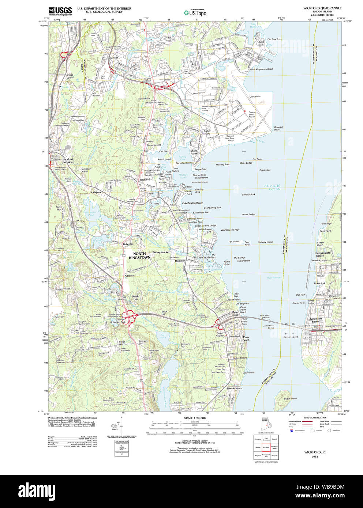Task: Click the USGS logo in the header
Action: point(60,11)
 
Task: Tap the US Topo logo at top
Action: point(195,13)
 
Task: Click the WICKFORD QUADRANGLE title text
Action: point(322,8)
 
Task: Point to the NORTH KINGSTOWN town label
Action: point(139,255)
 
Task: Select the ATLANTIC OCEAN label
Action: point(273,187)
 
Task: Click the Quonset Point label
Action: point(278,128)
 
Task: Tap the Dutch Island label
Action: point(290,398)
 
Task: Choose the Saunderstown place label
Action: point(234,388)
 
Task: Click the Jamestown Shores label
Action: point(316,320)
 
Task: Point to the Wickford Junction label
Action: point(68,161)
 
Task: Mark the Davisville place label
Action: point(113,58)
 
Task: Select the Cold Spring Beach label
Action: point(192,203)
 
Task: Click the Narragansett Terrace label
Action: point(322,254)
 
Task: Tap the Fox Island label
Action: point(233,242)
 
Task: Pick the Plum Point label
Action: point(235,314)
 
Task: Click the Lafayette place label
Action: point(96,192)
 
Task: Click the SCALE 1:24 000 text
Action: point(195,418)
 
